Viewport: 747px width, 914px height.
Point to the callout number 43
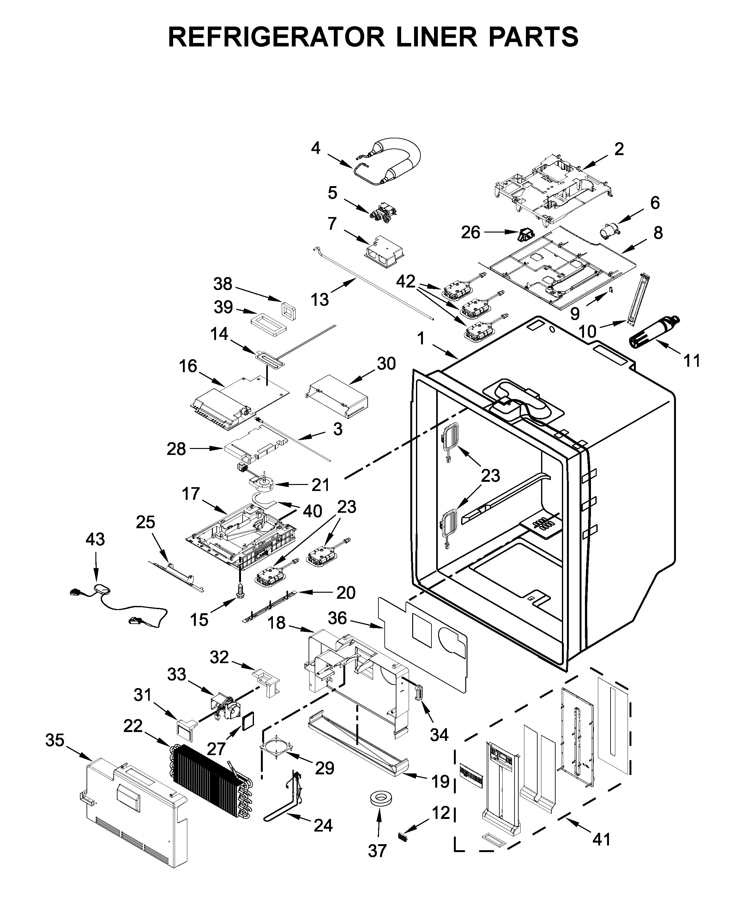click(95, 539)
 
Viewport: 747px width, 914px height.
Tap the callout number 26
click(470, 233)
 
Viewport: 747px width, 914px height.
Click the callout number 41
click(601, 839)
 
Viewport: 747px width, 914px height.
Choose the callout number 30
click(386, 364)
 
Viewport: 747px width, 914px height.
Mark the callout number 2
click(618, 149)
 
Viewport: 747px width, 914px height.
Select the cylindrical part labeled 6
click(608, 233)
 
